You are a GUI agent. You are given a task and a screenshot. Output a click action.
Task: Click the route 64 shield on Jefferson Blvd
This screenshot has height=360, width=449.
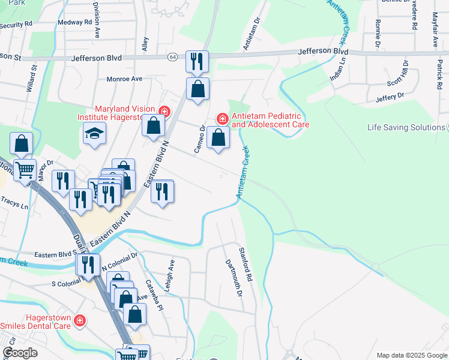172,57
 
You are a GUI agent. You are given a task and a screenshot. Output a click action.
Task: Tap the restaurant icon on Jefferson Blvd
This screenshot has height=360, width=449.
196,61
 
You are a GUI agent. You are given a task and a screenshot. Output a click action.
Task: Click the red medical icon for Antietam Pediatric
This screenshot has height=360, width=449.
222,119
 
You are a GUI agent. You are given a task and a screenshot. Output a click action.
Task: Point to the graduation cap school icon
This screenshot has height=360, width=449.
94,133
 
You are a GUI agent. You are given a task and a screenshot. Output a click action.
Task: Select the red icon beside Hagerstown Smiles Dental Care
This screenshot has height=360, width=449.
79,322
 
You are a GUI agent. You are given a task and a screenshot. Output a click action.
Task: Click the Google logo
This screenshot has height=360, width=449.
20,353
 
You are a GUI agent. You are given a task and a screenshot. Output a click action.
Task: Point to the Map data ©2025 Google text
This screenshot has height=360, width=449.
411,355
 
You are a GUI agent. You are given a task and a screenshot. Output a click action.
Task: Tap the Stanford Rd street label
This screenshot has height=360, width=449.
246,265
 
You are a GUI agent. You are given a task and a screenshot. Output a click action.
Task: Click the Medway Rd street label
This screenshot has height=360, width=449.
75,22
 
